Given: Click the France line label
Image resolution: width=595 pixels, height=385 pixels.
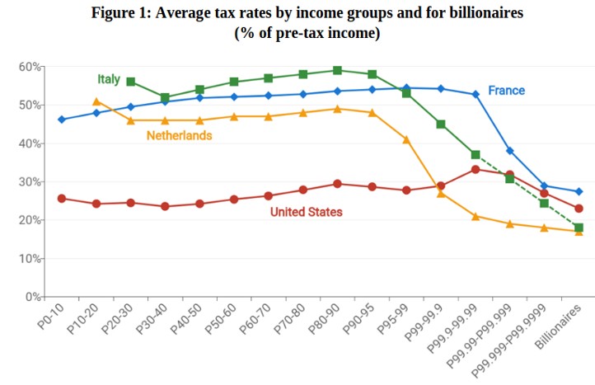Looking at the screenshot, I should (506, 91).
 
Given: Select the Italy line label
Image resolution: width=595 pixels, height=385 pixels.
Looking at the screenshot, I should (109, 80).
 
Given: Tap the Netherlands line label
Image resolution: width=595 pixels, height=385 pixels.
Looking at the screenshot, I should (180, 135).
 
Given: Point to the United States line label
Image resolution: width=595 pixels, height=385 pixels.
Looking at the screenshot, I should (306, 212).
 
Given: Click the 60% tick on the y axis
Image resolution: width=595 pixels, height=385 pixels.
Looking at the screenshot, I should (31, 66).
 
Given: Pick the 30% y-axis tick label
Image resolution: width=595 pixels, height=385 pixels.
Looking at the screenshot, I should (31, 181).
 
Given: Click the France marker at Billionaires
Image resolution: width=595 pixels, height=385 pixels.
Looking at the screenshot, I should (579, 191).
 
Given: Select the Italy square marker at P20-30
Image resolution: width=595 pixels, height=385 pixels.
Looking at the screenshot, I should (130, 82).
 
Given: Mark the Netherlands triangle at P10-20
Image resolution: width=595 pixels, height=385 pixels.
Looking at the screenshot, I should (96, 101).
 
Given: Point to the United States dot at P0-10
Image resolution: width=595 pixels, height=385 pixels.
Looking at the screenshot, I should (62, 199).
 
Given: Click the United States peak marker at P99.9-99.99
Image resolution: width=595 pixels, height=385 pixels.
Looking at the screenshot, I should (476, 170).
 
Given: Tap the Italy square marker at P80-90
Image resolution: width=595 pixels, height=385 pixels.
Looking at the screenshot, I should (337, 70).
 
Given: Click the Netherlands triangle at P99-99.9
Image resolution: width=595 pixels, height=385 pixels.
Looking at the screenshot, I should (441, 193).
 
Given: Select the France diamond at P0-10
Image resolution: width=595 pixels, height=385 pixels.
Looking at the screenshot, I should (62, 120).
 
